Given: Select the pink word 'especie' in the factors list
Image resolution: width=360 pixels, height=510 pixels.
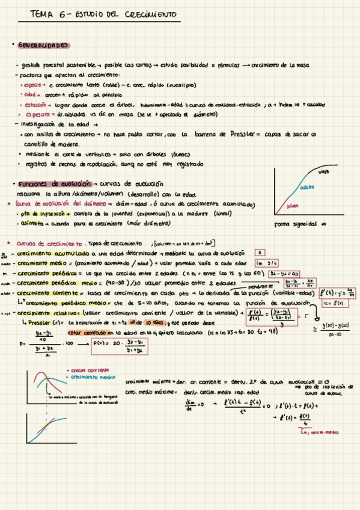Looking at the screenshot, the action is [29, 85].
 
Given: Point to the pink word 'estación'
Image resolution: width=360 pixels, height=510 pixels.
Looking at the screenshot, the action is [30, 104].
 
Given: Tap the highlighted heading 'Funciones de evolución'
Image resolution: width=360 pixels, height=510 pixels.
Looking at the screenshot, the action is [54, 184].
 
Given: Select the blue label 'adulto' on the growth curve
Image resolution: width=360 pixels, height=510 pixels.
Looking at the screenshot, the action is [307, 187].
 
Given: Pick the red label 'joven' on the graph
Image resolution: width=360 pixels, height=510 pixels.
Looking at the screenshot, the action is [293, 206].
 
